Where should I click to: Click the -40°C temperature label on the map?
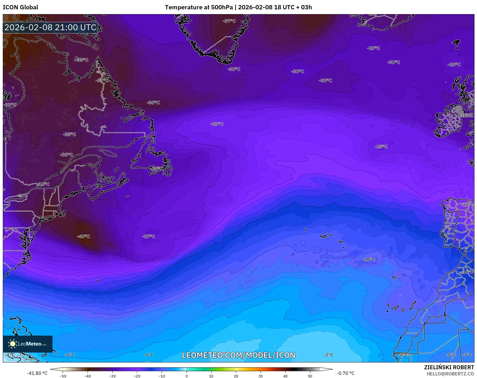(x=84, y=236)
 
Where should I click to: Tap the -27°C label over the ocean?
(x=149, y=236)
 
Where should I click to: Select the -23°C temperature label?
(x=217, y=124)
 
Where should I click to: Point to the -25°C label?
(x=381, y=147)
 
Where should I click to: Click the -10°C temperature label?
(x=369, y=260)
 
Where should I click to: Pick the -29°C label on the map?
(x=373, y=48)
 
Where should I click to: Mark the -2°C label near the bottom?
(x=328, y=355)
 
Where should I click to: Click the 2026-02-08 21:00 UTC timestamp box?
(x=51, y=27)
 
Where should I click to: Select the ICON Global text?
(x=20, y=7)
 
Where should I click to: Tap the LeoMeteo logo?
(x=28, y=344)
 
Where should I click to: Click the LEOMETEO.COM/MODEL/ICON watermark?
(x=239, y=355)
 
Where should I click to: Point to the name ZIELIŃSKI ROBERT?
(x=449, y=367)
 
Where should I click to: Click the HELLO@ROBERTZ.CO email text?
(x=450, y=374)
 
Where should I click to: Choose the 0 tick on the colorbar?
(x=187, y=376)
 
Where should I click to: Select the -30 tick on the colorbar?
(x=112, y=376)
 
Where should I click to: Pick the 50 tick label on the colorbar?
(x=310, y=376)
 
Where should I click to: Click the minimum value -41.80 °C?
(x=37, y=373)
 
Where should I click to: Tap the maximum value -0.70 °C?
(x=345, y=373)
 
